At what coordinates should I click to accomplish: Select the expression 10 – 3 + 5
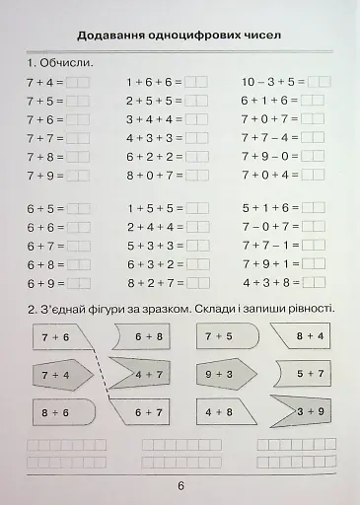[x=268, y=81]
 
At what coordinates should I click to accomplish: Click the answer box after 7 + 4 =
[x=78, y=81]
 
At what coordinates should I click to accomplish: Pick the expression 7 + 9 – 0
[x=268, y=156]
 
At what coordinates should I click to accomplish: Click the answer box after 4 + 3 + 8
[x=314, y=283]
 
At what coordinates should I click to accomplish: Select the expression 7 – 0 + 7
[x=268, y=227]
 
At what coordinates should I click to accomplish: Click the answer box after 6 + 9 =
[x=78, y=283]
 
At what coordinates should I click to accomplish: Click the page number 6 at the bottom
[x=180, y=485]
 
